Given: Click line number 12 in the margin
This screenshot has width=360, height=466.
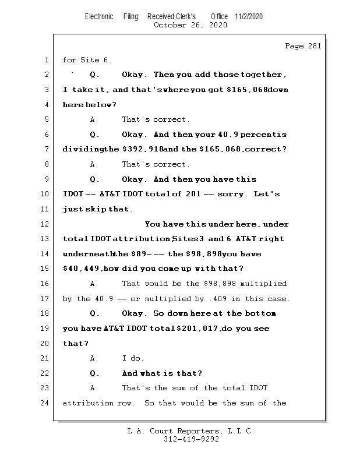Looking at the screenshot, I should (x=46, y=224).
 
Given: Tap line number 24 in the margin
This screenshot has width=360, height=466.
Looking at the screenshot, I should (x=46, y=403).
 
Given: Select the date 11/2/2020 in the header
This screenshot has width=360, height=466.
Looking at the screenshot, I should (x=249, y=16).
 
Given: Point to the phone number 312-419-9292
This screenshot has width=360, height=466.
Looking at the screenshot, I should (x=191, y=440).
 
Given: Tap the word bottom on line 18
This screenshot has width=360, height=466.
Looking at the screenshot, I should (x=261, y=313).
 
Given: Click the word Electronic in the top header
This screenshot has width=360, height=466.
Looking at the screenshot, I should (x=99, y=16).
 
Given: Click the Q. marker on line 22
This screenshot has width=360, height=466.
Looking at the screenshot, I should (x=95, y=373).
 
